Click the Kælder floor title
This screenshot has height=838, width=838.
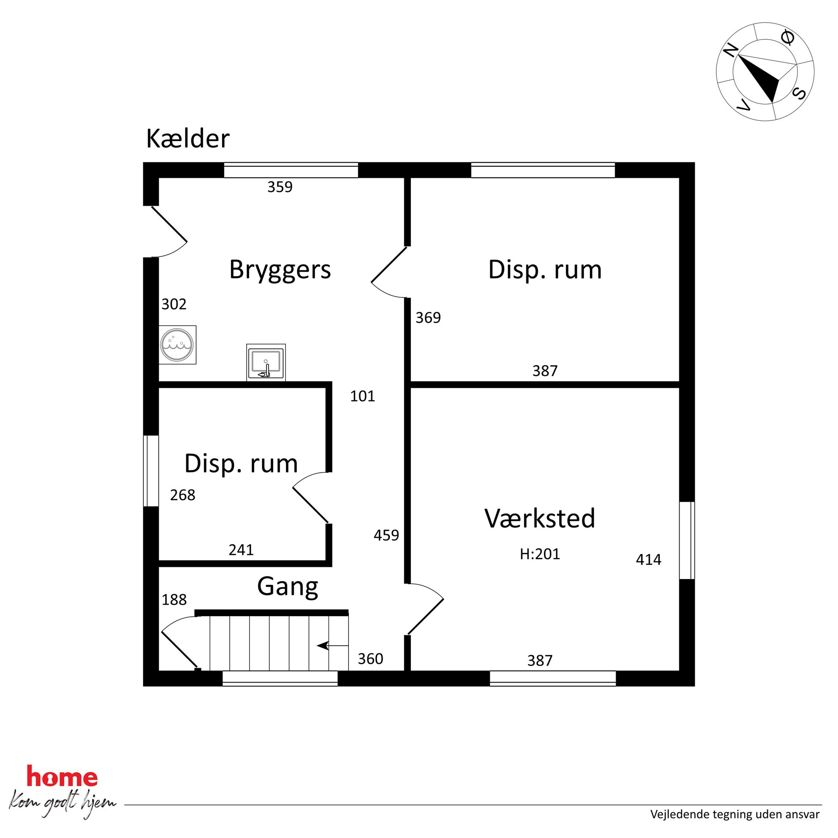click(x=188, y=139)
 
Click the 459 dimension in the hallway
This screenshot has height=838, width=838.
click(x=386, y=535)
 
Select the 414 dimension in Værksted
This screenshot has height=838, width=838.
click(x=648, y=560)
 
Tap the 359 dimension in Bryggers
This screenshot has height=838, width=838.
click(x=280, y=187)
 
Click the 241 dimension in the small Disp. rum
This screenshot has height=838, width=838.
click(x=241, y=550)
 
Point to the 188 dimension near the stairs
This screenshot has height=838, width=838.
click(x=174, y=600)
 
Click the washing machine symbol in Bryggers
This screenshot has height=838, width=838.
click(x=177, y=345)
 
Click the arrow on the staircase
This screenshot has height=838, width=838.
click(x=333, y=646)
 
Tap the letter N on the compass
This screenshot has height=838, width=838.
click(x=731, y=51)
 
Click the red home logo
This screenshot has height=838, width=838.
click(x=62, y=776)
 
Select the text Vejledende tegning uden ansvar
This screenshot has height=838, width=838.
click(x=735, y=815)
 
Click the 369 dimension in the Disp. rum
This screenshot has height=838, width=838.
click(x=428, y=318)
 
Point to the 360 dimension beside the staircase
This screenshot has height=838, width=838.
click(x=370, y=659)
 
